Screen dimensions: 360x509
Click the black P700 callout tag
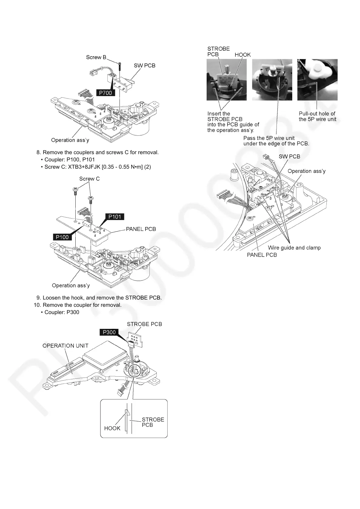pyautogui.click(x=105, y=93)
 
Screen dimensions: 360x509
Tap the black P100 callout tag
pyautogui.click(x=62, y=237)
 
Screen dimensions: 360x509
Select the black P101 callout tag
pyautogui.click(x=115, y=216)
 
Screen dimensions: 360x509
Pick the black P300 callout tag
pyautogui.click(x=109, y=332)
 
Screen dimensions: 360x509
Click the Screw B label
pyautogui.click(x=96, y=57)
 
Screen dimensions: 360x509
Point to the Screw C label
pyautogui.click(x=89, y=179)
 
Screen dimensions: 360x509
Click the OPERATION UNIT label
pyautogui.click(x=65, y=345)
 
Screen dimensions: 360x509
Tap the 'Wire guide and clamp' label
pyautogui.click(x=294, y=248)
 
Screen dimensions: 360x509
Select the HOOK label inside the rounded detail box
pyautogui.click(x=112, y=428)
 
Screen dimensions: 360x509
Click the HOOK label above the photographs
pyautogui.click(x=243, y=55)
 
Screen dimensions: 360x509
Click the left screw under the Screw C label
pyautogui.click(x=75, y=191)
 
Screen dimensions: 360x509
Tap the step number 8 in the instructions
pyautogui.click(x=38, y=152)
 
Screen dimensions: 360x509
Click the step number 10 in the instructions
pyautogui.click(x=37, y=305)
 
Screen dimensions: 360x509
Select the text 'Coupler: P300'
pyautogui.click(x=62, y=312)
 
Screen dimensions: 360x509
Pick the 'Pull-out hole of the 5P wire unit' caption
pyautogui.click(x=317, y=116)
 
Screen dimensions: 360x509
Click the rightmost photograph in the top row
pyautogui.click(x=317, y=80)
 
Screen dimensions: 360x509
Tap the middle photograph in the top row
pyautogui.click(x=272, y=80)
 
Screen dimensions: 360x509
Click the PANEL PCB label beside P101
pyautogui.click(x=141, y=229)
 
